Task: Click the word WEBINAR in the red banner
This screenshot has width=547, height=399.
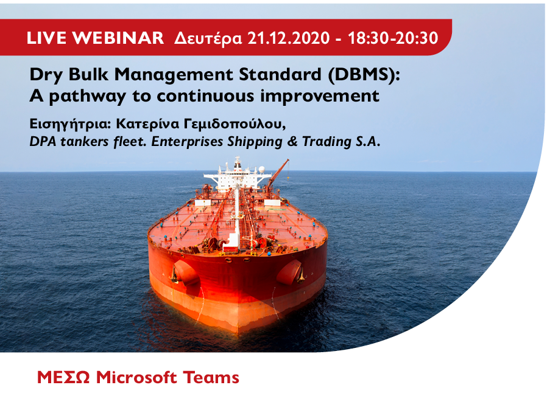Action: (x=118, y=38)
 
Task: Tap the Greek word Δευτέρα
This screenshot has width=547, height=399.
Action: (x=208, y=38)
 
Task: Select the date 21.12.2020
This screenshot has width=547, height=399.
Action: (x=289, y=38)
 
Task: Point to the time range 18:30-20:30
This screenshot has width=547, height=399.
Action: (x=393, y=38)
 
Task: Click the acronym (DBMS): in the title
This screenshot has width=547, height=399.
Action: (x=364, y=75)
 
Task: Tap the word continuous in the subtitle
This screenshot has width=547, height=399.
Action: (x=205, y=96)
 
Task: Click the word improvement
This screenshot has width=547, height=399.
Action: (x=320, y=97)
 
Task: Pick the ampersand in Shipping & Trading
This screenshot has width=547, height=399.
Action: (x=292, y=142)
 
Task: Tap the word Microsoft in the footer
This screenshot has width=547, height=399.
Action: (x=136, y=378)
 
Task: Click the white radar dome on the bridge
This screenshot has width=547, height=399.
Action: (x=261, y=170)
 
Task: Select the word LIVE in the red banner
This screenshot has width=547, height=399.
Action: (x=47, y=38)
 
